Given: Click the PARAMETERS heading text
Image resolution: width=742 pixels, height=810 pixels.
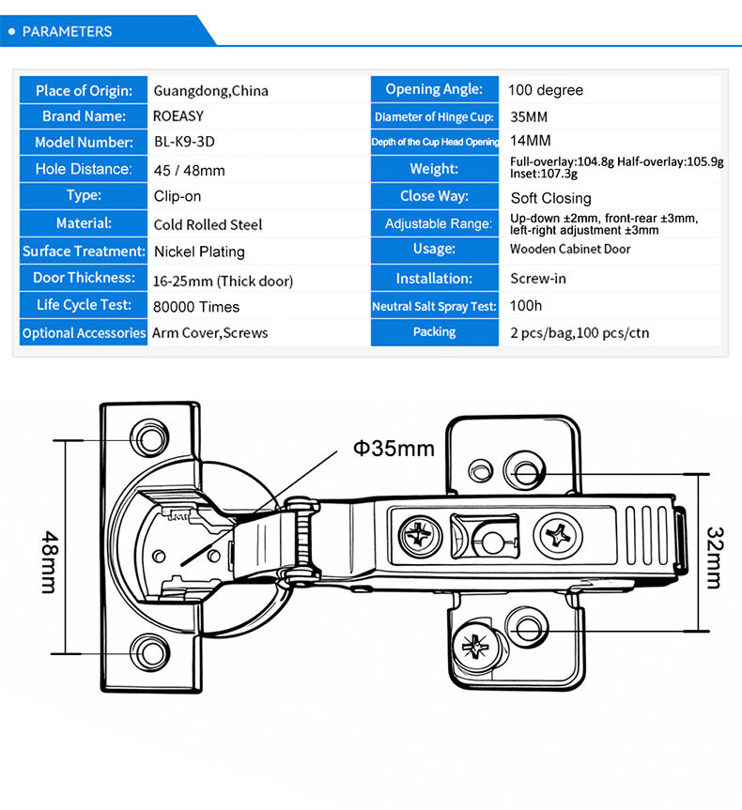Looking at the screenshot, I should [x=67, y=31].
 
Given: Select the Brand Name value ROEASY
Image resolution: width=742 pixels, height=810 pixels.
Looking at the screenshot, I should [x=178, y=116].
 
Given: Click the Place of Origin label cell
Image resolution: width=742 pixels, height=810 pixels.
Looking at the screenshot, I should [x=84, y=90].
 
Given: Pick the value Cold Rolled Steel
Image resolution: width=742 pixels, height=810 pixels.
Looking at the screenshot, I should [x=208, y=224].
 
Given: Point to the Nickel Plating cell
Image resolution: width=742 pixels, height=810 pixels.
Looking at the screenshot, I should [x=199, y=252].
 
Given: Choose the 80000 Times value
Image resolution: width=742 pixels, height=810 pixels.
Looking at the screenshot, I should [x=196, y=307].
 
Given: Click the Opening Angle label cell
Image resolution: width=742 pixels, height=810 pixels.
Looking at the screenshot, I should [x=434, y=89].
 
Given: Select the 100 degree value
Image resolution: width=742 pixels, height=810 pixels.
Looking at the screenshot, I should [x=546, y=90].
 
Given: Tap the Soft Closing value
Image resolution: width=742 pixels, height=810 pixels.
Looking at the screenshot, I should [x=550, y=198].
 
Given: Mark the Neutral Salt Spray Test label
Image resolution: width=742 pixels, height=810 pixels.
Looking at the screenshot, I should [x=434, y=307].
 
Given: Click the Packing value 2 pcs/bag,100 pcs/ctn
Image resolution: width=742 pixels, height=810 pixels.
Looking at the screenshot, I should [x=580, y=333].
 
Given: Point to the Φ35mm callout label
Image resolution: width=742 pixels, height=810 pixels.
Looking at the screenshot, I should [x=394, y=448].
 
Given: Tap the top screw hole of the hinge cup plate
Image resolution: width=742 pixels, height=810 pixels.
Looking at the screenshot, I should [x=148, y=436].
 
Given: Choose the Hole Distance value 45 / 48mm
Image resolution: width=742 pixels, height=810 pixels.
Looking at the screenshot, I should [x=189, y=171].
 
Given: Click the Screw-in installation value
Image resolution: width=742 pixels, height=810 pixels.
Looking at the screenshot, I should [x=538, y=279].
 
